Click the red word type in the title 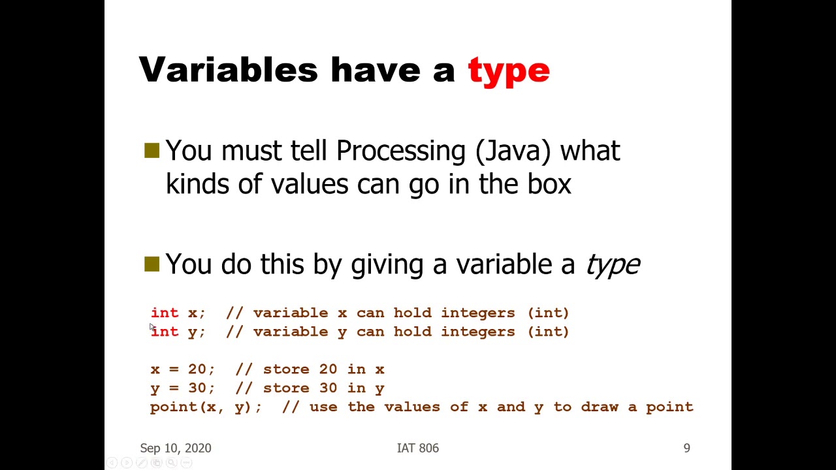point(509,70)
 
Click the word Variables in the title point(228,69)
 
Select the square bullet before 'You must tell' point(152,151)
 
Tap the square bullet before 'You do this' point(152,264)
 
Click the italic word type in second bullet point(612,264)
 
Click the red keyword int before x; point(165,313)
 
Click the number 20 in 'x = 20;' point(197,369)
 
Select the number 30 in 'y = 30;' point(197,388)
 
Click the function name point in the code point(173,407)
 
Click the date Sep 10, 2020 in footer point(176,448)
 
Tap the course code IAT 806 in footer point(418,448)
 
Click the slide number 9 point(686,448)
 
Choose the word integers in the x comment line point(477,313)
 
